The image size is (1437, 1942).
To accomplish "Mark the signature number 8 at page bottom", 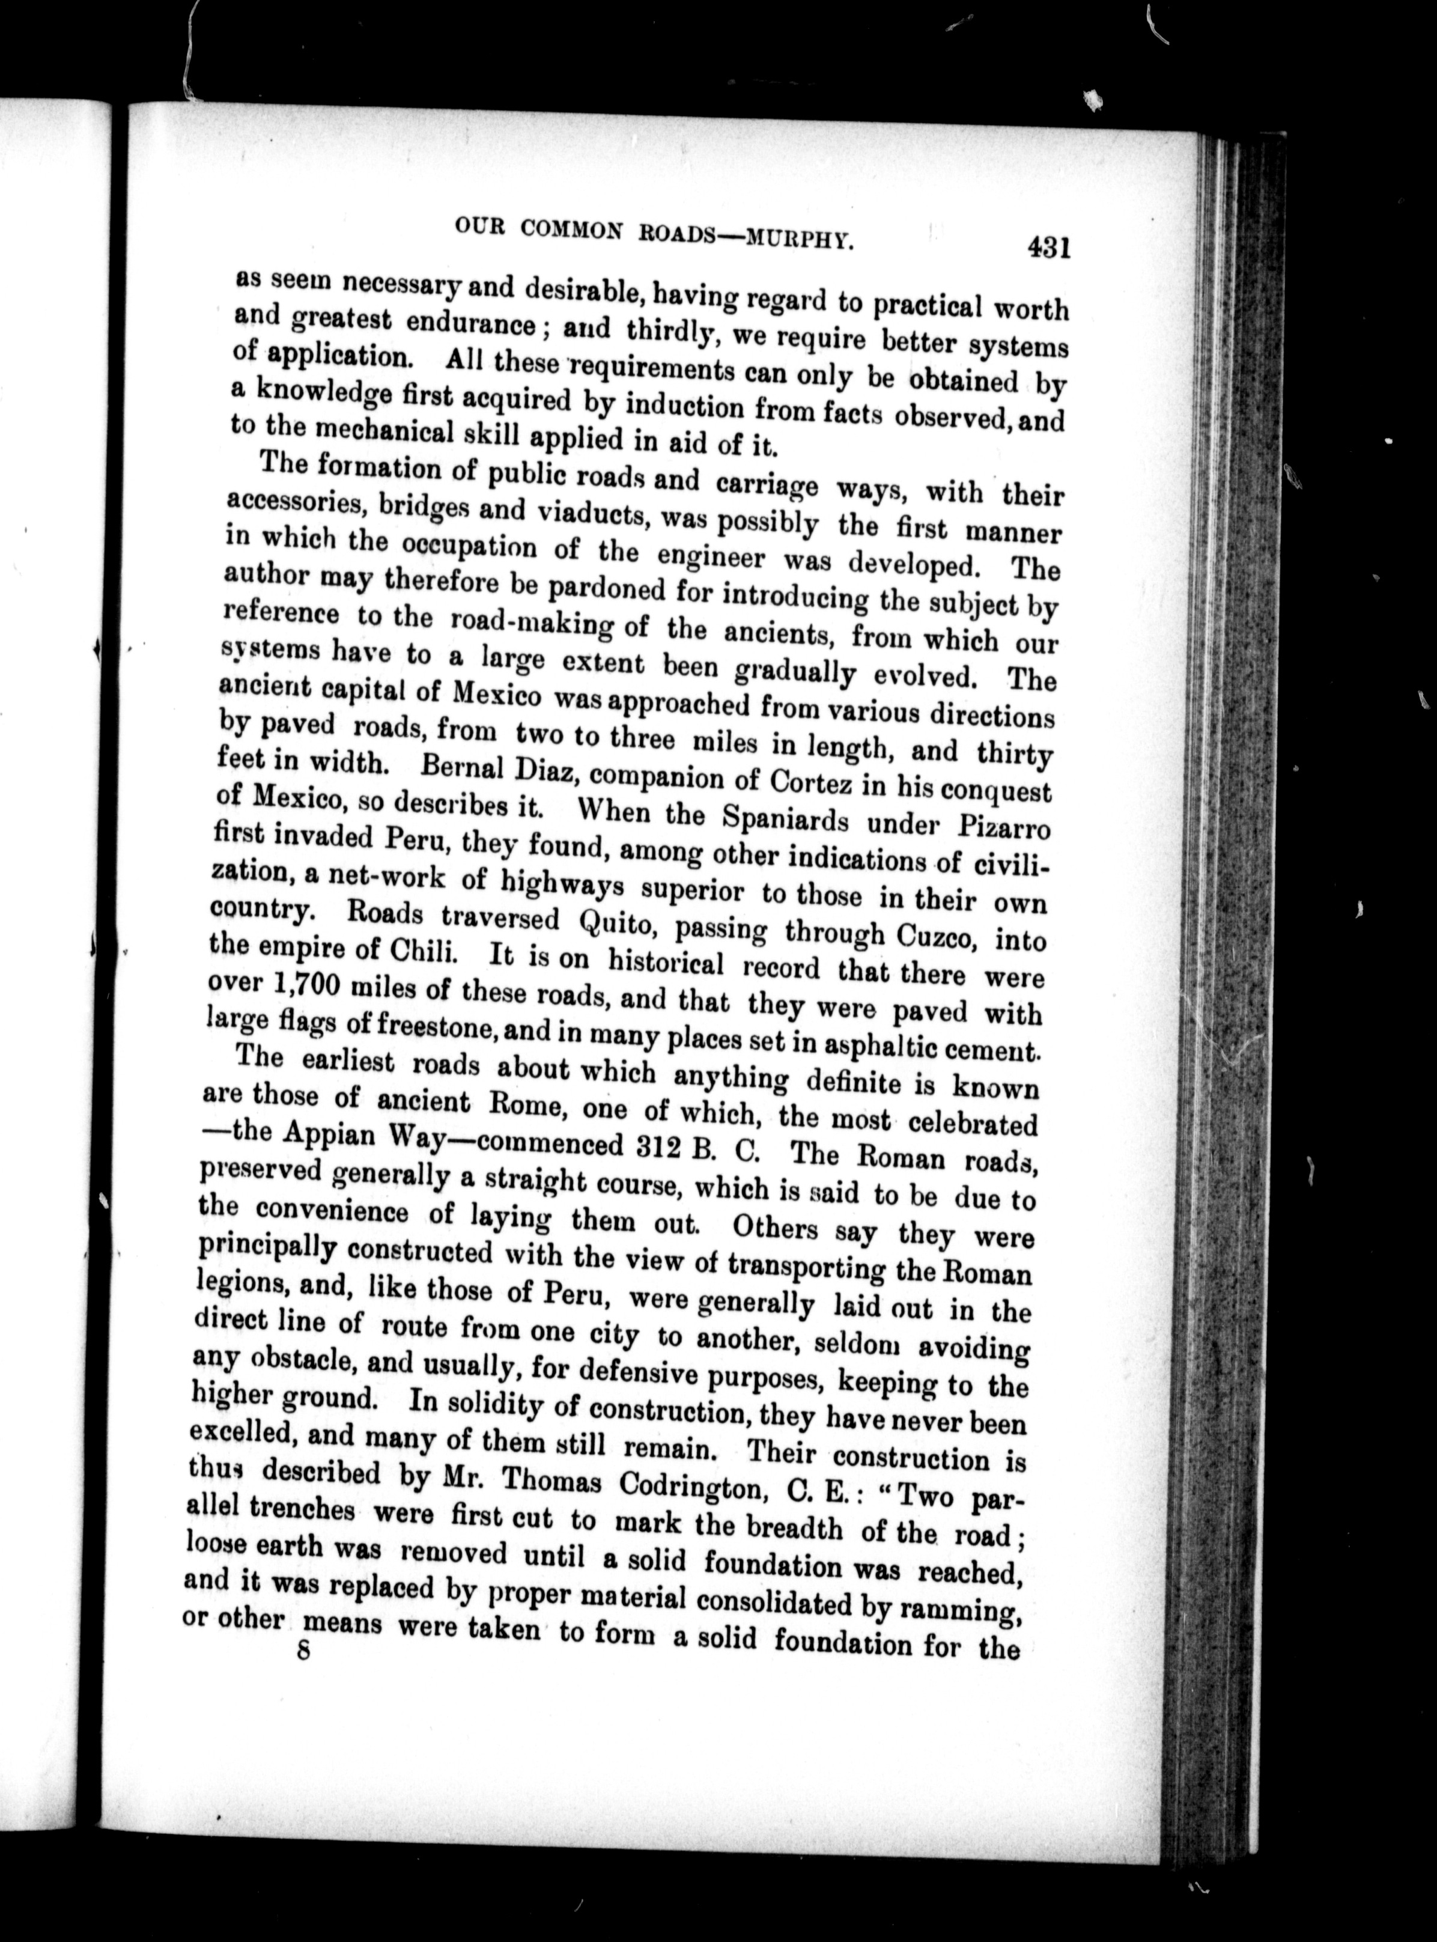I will [303, 1651].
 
